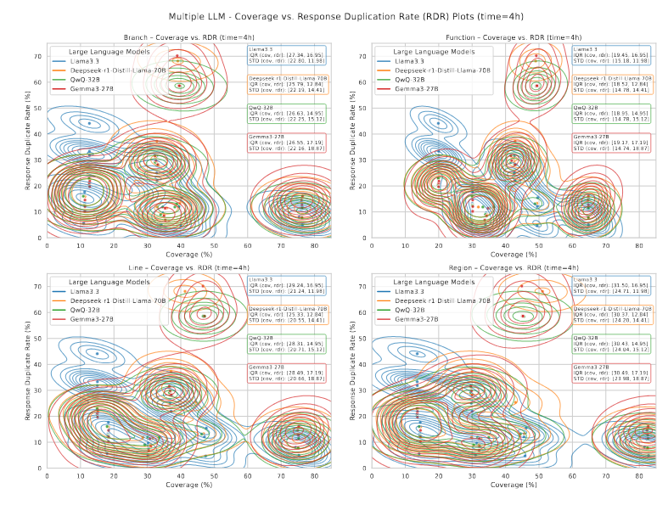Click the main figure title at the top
pos(334,16)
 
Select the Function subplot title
pos(513,37)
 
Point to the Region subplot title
pos(513,267)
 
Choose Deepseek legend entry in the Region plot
pos(442,300)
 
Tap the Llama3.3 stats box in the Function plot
pos(614,56)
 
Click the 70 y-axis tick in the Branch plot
pos(38,56)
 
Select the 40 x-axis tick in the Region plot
pos(506,476)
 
